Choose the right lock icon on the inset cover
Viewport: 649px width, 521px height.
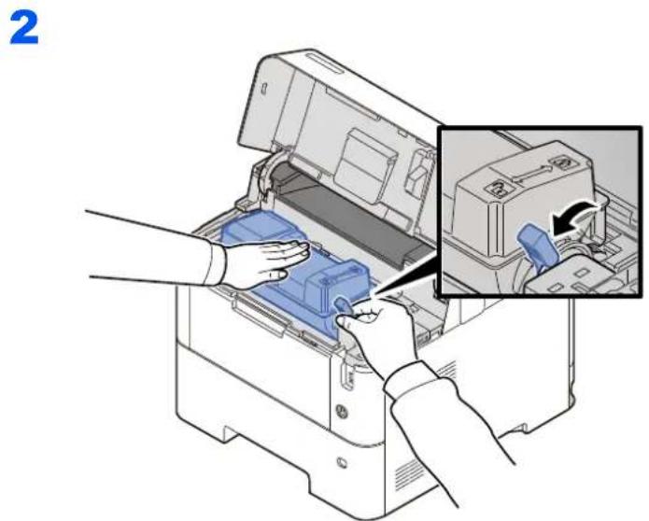(563, 162)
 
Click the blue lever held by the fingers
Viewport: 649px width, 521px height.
(344, 304)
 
